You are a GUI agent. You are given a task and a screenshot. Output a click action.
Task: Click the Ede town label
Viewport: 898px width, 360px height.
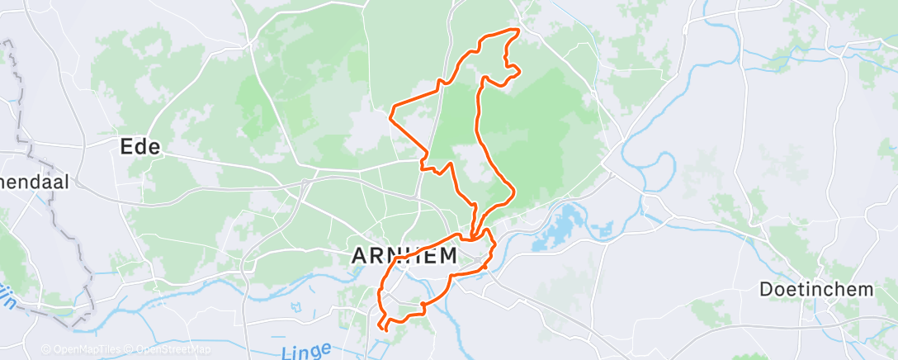coord(139,148)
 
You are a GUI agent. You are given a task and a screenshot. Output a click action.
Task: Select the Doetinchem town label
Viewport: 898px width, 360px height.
coord(816,289)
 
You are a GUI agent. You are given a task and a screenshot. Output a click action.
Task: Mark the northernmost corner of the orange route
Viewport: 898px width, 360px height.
coord(518,30)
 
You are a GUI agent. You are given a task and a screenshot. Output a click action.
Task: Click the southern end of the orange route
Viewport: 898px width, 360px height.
coord(386,330)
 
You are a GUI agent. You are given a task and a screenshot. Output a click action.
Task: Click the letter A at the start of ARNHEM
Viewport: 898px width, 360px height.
coord(360,256)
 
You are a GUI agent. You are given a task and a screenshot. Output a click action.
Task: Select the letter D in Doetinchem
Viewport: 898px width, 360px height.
coord(766,289)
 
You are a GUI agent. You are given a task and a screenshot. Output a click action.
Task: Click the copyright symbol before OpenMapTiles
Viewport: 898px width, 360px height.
coord(46,349)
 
